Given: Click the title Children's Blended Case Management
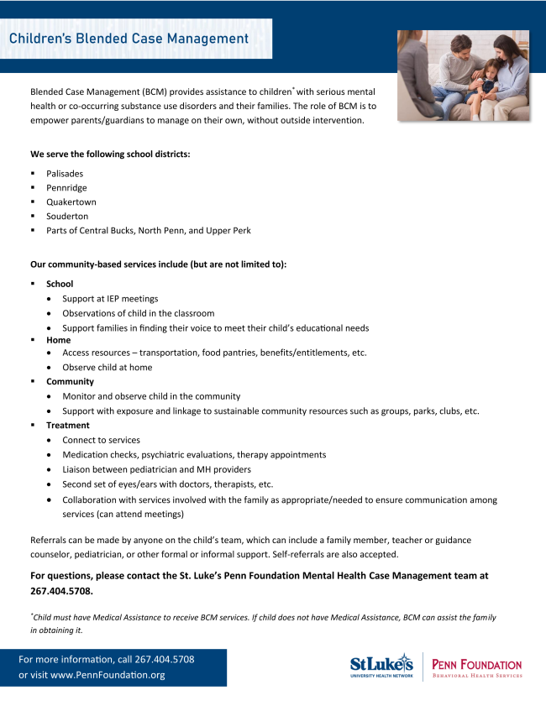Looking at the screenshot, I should [x=129, y=39].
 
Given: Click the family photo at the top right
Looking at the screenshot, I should [x=463, y=76].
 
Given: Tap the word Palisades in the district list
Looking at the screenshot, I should [x=65, y=174].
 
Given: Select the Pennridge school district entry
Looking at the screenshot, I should [x=66, y=188].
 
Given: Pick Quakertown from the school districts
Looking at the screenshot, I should [x=71, y=202].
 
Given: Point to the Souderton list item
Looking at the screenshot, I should [x=67, y=217].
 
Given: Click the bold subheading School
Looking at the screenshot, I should [x=60, y=284].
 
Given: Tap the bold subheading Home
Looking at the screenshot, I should [x=59, y=340].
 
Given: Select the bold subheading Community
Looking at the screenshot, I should [x=70, y=381].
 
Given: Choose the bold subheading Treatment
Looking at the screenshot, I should [x=67, y=425].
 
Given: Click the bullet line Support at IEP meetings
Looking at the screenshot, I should [x=110, y=299].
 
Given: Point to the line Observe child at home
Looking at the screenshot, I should [x=107, y=368].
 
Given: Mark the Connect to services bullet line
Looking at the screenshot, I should [x=101, y=440].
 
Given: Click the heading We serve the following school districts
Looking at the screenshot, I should [x=110, y=154].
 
